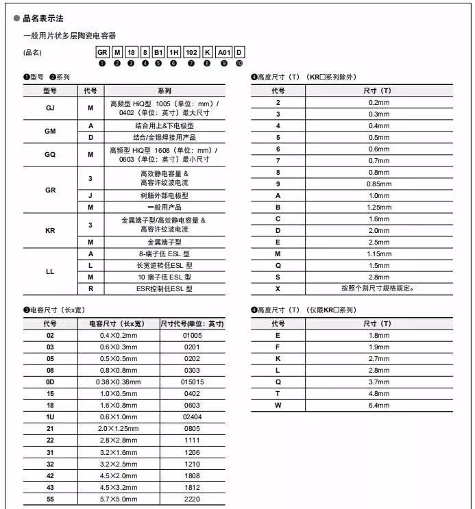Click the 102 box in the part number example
point(193,51)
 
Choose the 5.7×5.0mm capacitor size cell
point(119,499)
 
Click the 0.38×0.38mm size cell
point(119,382)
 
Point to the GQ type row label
point(50,154)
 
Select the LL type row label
point(50,271)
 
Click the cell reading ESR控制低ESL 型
point(165,288)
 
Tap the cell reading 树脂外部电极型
point(165,195)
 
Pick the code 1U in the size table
point(50,417)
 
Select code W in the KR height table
point(278,405)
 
